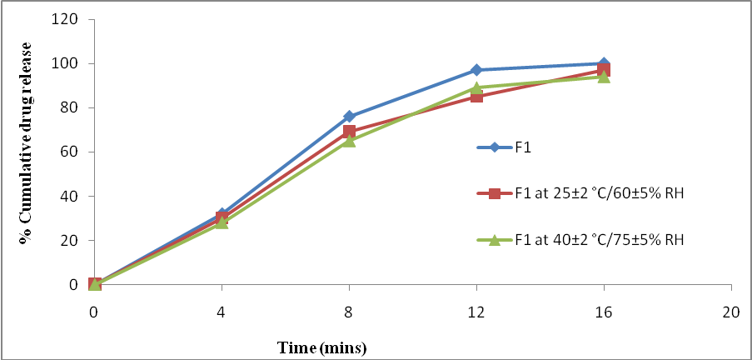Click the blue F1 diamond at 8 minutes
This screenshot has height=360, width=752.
coord(350,117)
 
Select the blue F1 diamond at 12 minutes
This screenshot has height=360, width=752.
coord(476,70)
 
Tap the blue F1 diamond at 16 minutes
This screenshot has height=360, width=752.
coord(604,64)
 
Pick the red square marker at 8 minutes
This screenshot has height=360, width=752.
coord(350,132)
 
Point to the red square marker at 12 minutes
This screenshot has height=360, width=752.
coord(476,97)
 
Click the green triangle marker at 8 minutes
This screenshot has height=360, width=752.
coord(350,141)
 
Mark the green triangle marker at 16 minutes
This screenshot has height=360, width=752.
coord(604,77)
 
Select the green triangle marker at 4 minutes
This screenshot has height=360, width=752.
coord(222,222)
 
